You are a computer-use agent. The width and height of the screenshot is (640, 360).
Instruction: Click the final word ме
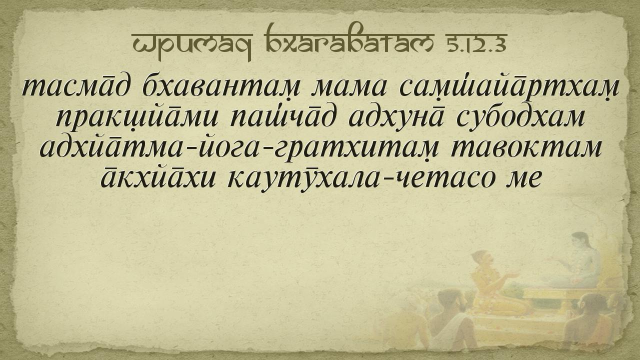524,179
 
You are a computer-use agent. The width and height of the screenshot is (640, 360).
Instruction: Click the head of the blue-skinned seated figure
579,241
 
